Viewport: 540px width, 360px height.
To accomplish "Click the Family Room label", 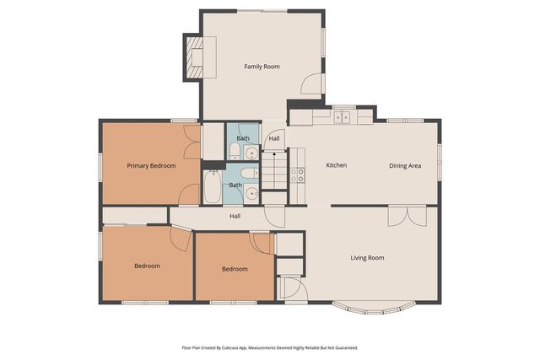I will point(262,66).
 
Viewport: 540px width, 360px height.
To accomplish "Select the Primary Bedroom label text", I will point(151,166).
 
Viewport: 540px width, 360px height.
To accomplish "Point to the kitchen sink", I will point(342,116).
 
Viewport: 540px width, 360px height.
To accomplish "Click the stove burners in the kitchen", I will point(298,175).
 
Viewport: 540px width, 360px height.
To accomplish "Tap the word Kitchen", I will point(337,165).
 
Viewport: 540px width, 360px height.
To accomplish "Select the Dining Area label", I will point(405,165).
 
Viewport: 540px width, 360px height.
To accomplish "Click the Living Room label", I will point(367,258).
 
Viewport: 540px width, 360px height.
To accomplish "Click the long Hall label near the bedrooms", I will point(236,216).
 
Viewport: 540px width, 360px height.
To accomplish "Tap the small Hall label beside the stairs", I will point(274,138).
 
